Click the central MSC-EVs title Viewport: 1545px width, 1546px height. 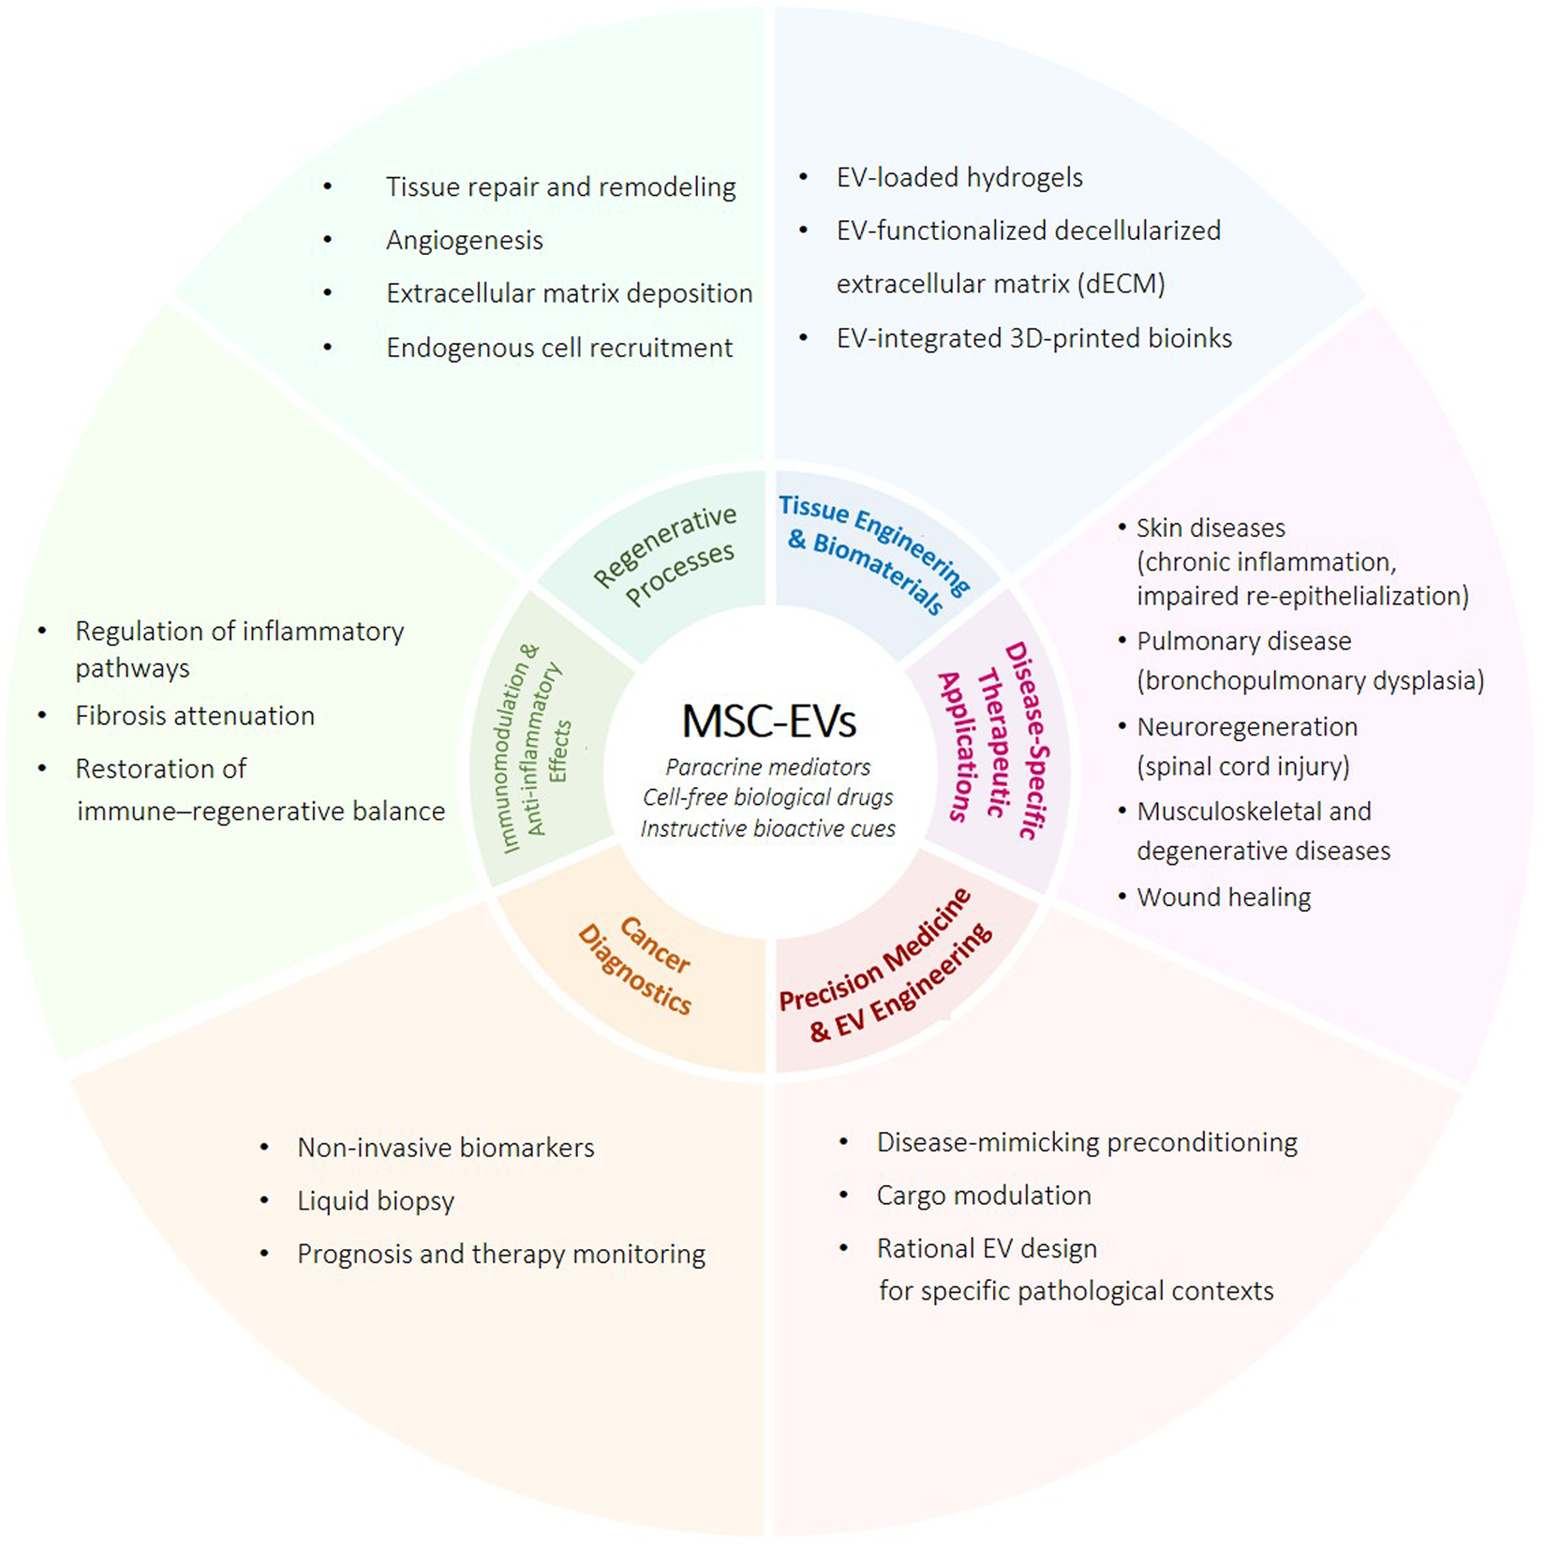coord(768,721)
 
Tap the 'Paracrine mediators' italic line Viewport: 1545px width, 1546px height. coord(767,767)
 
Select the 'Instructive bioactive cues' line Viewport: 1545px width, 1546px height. coord(767,829)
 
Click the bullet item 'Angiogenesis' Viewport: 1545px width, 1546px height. coord(464,241)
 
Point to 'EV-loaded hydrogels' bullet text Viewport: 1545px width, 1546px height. coord(958,178)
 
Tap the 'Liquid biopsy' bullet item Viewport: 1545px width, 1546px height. coord(375,1201)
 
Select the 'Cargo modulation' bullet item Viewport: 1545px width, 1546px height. coord(983,1196)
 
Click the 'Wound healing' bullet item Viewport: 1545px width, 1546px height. coord(1223,898)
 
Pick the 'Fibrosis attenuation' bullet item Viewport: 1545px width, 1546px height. coord(194,716)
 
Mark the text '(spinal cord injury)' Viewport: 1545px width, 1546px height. coord(1242,766)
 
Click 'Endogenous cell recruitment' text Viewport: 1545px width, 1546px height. coord(558,348)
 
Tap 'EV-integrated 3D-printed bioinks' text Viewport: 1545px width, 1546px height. coord(1033,338)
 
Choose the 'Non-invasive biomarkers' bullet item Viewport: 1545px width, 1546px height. coord(445,1148)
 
